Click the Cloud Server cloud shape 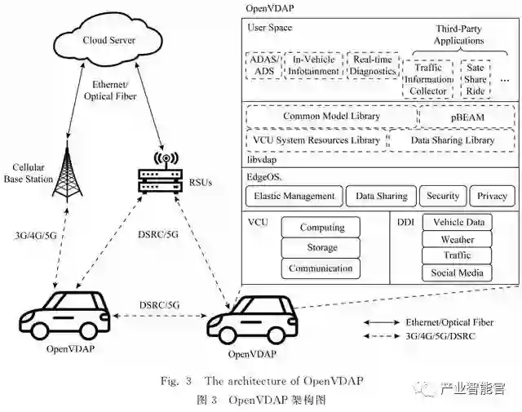click(x=108, y=38)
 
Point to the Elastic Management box click(x=294, y=196)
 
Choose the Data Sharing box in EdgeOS click(x=380, y=196)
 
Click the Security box click(x=443, y=196)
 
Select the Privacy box click(x=492, y=196)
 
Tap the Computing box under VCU click(x=321, y=228)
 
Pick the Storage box click(x=321, y=248)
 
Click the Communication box click(x=321, y=268)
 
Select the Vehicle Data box click(x=458, y=223)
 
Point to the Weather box click(x=458, y=240)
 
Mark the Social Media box click(x=458, y=273)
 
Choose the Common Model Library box click(x=331, y=117)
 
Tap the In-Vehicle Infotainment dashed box click(x=313, y=65)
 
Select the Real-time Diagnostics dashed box click(x=373, y=65)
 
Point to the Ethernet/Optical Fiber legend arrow click(x=381, y=321)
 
